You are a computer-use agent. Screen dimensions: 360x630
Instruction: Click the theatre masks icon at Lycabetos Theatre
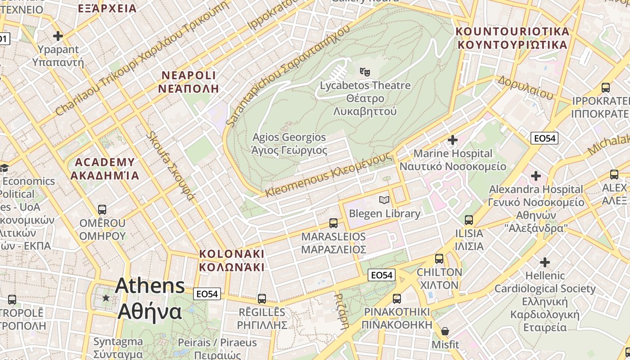[x=364, y=71]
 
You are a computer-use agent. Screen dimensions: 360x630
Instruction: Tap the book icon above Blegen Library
[x=384, y=200]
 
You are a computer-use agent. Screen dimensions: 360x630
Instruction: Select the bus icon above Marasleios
[x=333, y=223]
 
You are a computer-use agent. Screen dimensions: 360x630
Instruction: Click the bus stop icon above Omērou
[x=102, y=210]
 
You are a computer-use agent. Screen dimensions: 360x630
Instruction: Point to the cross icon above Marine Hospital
[x=453, y=140]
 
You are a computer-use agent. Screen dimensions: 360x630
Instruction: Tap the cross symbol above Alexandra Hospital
[x=536, y=176]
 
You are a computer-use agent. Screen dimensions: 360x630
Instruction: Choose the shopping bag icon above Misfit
[x=445, y=332]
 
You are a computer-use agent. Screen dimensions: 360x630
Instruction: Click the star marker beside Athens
[x=106, y=298]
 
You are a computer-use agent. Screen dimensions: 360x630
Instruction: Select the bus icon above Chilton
[x=439, y=259]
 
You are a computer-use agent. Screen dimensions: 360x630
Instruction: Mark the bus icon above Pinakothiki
[x=397, y=299]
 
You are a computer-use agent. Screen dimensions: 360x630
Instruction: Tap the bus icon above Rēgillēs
[x=262, y=299]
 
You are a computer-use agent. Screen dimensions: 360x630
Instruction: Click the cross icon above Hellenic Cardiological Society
[x=545, y=262]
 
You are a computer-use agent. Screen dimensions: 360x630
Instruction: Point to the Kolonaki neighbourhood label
[x=232, y=260]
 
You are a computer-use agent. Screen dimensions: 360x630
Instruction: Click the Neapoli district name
[x=189, y=81]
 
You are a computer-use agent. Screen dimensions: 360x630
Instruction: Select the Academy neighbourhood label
[x=105, y=168]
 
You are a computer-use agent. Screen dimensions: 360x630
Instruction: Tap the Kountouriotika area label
[x=513, y=38]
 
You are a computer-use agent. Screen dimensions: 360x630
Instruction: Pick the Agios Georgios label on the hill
[x=289, y=144]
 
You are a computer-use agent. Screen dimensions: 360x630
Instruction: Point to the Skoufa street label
[x=171, y=166]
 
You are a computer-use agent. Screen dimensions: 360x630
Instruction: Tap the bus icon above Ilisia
[x=469, y=220]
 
